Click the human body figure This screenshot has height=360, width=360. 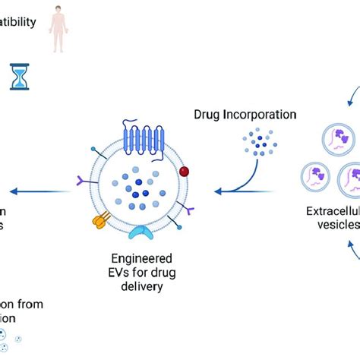(58, 28)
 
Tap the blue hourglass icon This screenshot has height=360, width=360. (20, 76)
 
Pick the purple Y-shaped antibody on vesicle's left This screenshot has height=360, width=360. (84, 180)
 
